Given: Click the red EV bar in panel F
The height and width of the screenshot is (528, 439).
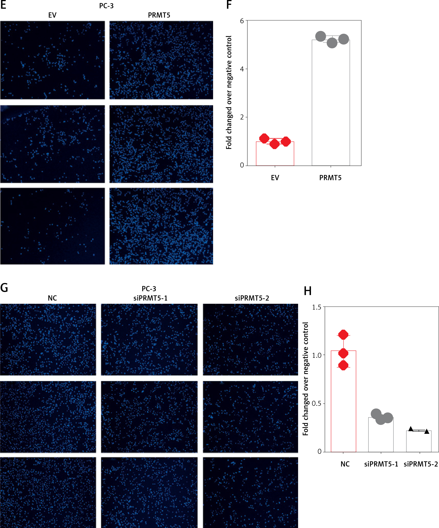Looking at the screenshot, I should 275,156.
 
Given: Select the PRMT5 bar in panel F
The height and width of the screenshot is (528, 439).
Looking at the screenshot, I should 331,106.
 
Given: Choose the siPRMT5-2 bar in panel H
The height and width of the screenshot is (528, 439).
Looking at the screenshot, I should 419,442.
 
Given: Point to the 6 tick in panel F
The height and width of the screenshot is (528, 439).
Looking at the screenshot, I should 242,21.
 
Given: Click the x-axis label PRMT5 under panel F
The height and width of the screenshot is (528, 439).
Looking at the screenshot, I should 330,178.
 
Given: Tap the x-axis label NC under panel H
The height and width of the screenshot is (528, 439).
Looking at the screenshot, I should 345,464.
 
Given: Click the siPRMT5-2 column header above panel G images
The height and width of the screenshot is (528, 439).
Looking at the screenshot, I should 252,298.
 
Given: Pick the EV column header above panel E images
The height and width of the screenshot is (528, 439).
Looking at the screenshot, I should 52,15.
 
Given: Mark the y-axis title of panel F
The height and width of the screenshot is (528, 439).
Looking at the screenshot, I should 229,93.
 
